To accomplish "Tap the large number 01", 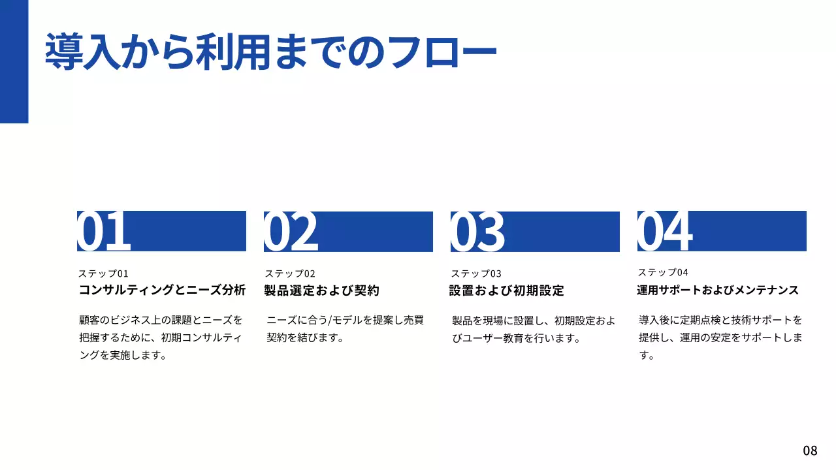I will click(104, 231).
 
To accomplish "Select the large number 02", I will click(291, 231).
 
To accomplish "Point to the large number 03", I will click(478, 231).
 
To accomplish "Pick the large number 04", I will click(665, 231).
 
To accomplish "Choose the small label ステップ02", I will click(290, 274).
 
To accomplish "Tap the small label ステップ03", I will click(476, 274).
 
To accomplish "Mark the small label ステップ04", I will click(663, 272).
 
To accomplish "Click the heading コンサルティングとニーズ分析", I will click(162, 290).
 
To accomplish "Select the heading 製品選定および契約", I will click(321, 290).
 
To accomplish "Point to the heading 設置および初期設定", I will click(506, 290).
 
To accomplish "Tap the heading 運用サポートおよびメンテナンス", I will click(718, 290).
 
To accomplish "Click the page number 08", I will click(810, 450).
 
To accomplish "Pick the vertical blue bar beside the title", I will click(14, 61).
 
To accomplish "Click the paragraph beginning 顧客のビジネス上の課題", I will click(161, 337).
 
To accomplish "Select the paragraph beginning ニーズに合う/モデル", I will click(345, 329).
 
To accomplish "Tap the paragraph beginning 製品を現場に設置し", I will click(533, 330).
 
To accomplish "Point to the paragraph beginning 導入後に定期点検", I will click(720, 337).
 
